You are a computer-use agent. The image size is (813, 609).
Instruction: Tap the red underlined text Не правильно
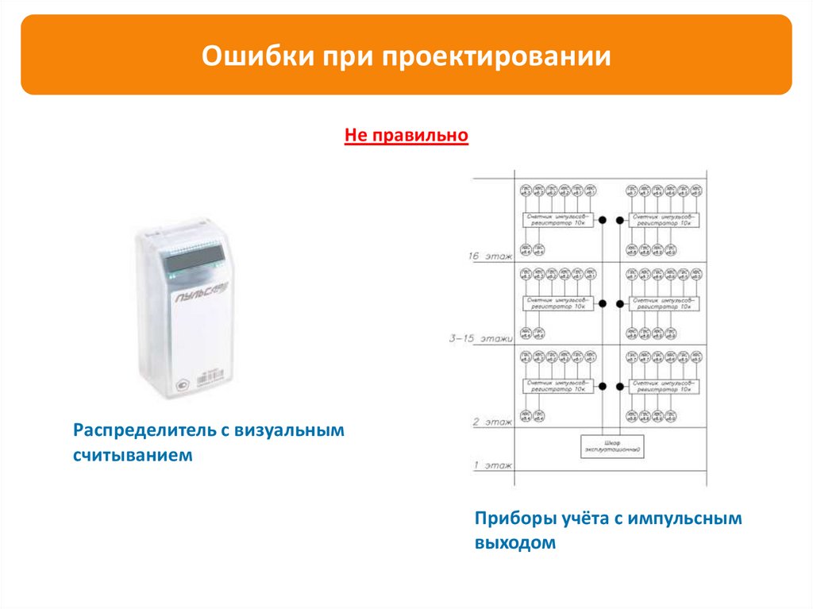pos(406,137)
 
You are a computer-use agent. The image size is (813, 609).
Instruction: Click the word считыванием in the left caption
pos(133,456)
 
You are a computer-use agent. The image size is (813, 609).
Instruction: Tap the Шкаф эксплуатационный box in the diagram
pos(611,446)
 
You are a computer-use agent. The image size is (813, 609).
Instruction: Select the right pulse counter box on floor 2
pos(663,386)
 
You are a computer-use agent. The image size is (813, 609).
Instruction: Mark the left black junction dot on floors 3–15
pos(602,303)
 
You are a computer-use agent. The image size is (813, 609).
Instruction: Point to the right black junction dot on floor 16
pos(618,218)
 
